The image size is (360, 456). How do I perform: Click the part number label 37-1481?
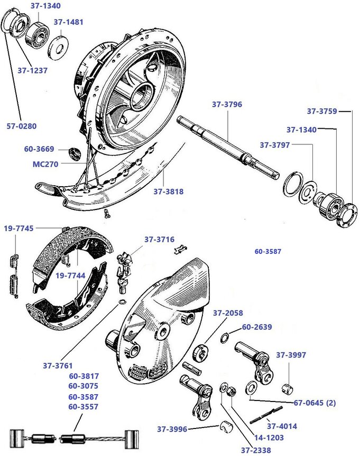pos(68,22)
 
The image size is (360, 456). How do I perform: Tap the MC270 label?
pos(45,164)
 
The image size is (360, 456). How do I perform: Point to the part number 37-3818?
pos(169,191)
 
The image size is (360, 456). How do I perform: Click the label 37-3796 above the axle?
pos(227,104)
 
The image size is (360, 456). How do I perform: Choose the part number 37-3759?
pos(322,111)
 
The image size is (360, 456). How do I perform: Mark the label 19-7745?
pos(19,229)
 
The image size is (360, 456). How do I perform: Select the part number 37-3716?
pos(159,240)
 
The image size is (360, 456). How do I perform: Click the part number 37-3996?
pos(172,428)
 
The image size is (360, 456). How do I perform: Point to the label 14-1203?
pos(269,437)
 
